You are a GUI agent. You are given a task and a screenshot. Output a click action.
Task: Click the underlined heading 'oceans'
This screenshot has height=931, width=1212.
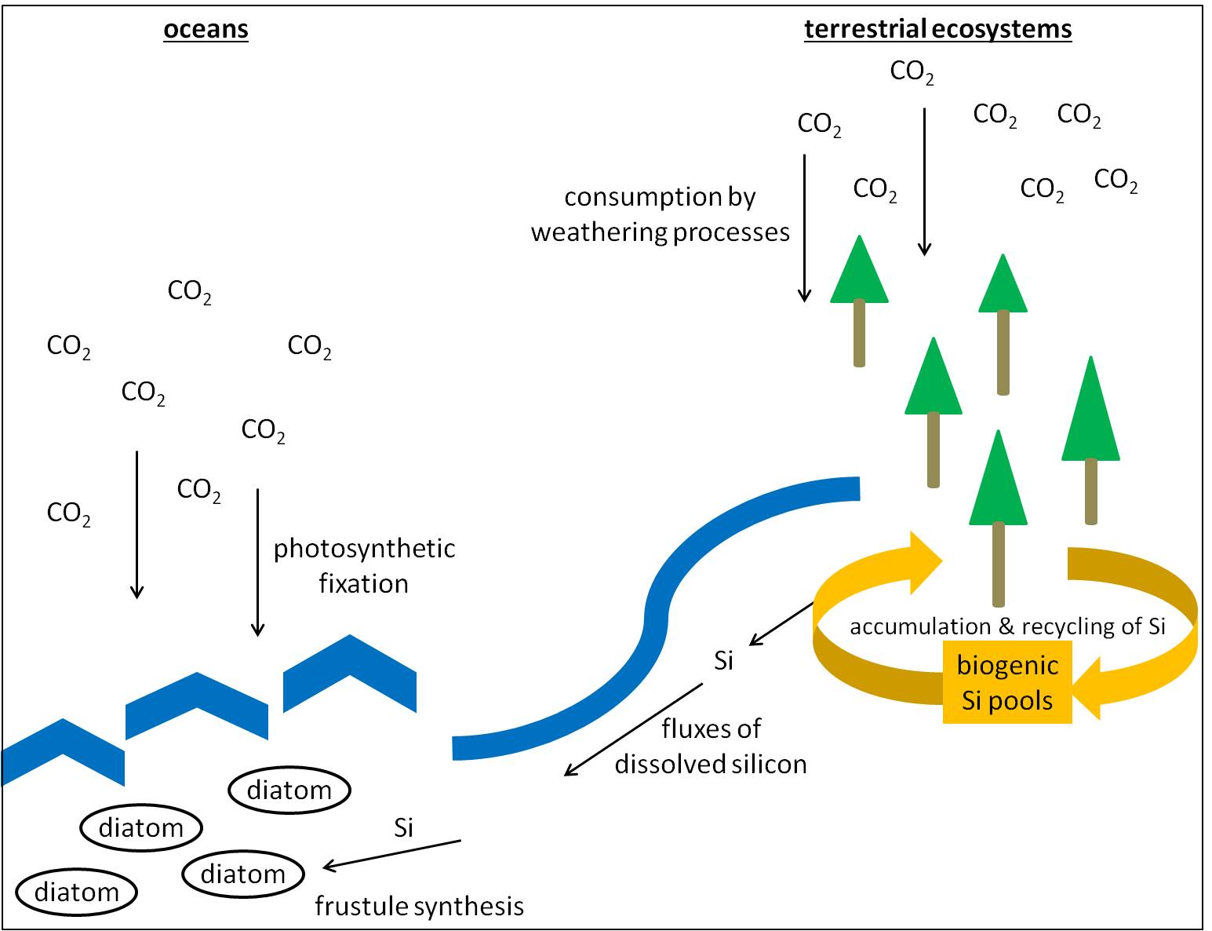click(206, 29)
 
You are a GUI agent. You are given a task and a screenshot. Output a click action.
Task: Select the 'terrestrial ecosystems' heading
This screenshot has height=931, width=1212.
click(937, 29)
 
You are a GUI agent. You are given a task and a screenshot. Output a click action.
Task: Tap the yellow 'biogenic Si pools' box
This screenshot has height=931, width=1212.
click(1007, 682)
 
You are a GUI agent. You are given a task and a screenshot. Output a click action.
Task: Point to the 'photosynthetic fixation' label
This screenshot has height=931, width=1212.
click(364, 565)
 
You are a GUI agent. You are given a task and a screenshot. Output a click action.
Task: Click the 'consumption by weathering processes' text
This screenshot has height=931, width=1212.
click(660, 214)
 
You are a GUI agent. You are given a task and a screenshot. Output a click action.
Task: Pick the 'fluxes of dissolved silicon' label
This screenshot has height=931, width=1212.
click(711, 746)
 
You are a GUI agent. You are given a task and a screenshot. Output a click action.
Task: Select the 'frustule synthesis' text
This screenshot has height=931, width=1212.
click(419, 906)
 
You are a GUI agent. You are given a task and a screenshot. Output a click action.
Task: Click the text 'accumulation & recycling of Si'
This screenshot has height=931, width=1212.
click(1007, 626)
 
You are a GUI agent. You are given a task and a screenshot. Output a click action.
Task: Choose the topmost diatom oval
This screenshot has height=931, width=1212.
click(289, 790)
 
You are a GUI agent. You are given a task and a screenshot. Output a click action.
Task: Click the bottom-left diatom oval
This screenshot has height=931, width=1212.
click(77, 893)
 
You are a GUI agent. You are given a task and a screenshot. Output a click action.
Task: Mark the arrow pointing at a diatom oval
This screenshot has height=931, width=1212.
click(391, 855)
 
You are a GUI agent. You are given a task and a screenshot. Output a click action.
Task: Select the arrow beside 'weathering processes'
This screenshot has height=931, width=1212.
click(804, 228)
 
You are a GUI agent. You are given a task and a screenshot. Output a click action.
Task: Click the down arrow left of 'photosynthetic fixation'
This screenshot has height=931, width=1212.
click(257, 561)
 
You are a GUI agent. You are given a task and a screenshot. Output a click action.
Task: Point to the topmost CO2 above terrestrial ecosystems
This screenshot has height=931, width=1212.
click(912, 72)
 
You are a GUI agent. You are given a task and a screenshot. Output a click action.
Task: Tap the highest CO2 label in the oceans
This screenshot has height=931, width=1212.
click(189, 292)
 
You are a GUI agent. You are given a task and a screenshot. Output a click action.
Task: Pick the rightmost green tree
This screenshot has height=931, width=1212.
click(1090, 424)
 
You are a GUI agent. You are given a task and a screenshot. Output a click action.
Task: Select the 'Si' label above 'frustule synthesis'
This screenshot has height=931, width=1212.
click(403, 827)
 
